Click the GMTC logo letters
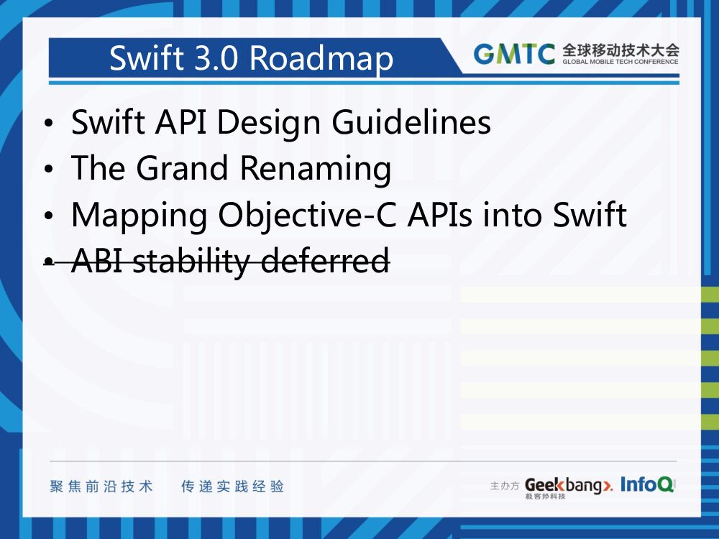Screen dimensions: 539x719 tap(513, 55)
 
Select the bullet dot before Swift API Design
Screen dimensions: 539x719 tap(48, 125)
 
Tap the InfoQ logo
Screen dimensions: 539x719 tap(646, 485)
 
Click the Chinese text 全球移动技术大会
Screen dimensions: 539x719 tap(620, 50)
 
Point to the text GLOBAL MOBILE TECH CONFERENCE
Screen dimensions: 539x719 tap(620, 62)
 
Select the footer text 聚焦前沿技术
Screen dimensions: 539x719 tap(101, 487)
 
